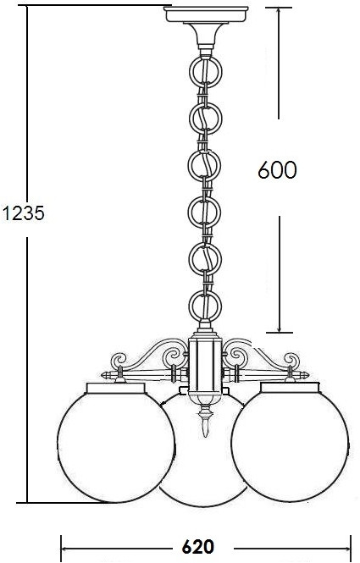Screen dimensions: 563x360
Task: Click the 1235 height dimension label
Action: (22, 213)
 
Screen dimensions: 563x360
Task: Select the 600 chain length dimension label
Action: (277, 169)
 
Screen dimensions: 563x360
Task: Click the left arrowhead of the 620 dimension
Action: (64, 547)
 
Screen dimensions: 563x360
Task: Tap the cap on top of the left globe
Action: (116, 389)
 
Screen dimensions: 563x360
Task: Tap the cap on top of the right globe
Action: (290, 389)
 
